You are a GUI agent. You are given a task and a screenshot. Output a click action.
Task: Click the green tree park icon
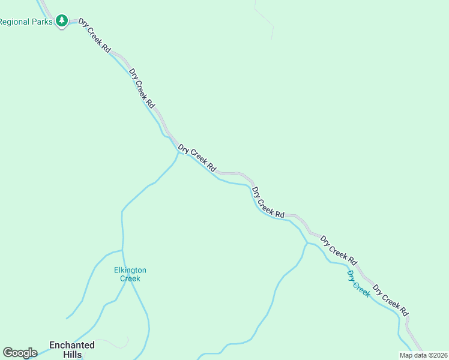pos(61,22)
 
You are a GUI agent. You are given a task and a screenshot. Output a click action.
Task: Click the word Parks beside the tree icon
pos(41,22)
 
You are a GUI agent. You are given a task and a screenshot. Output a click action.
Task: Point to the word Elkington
pos(130,270)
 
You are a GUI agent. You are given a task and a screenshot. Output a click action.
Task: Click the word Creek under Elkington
pos(130,278)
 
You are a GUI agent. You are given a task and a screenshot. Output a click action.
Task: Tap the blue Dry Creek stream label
pos(359,283)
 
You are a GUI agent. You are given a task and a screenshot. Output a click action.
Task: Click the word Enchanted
pos(72,345)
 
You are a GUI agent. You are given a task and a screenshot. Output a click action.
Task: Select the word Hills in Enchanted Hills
pos(72,354)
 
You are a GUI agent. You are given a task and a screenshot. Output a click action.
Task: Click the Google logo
pos(20,353)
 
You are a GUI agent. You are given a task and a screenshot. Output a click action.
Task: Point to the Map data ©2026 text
pos(423,355)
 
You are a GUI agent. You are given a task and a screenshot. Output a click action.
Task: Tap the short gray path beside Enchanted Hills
pos(120,343)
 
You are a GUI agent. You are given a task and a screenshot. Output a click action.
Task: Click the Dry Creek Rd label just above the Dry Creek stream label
pos(339,250)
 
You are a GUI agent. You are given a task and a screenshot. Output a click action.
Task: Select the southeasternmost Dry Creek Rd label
pos(391,300)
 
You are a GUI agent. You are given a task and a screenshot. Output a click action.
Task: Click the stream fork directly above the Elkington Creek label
pos(122,250)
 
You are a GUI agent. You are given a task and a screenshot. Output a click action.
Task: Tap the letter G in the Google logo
pos(8,353)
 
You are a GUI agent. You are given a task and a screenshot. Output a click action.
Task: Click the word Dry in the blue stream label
pos(352,277)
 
